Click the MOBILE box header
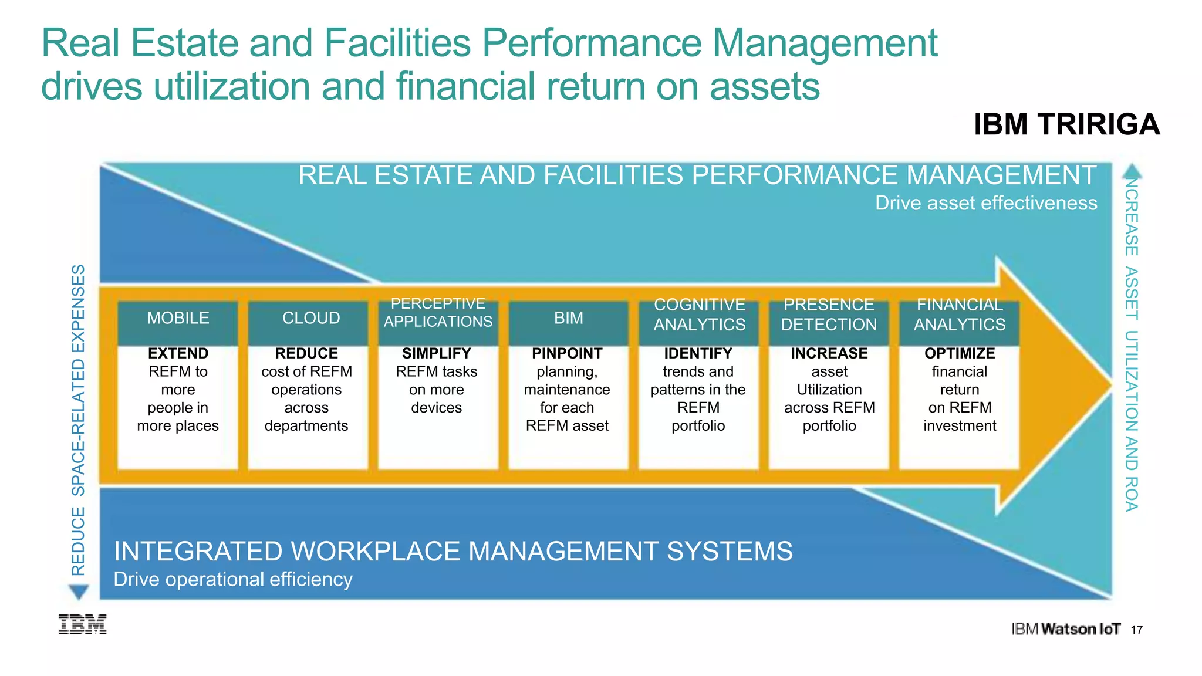pos(178,318)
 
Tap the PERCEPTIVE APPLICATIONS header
pos(438,313)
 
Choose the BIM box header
pos(569,318)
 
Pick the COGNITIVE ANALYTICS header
pos(700,315)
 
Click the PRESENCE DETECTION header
pos(829,315)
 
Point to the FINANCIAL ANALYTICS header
pos(960,315)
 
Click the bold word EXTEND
pos(178,353)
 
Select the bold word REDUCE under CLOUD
pos(306,353)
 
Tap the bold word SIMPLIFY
pos(437,353)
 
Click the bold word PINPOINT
pos(567,353)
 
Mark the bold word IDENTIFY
pos(698,353)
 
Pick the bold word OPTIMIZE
pos(960,353)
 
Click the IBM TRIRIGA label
pos(1066,124)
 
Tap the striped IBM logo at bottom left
pos(82,624)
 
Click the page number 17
pos(1137,630)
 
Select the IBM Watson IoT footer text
pos(1065,629)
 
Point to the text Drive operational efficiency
pos(233,579)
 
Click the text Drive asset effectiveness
pos(986,203)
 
